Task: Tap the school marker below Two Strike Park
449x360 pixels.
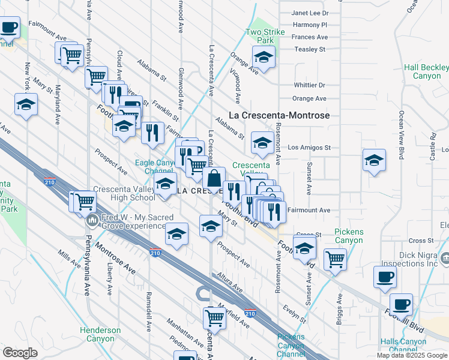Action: click(264, 58)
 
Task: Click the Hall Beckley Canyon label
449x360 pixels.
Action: click(423, 72)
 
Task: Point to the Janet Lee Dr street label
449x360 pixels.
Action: click(310, 13)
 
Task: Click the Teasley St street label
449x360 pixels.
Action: click(309, 49)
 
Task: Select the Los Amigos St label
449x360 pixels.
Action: click(309, 148)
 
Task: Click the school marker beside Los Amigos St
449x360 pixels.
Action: click(262, 143)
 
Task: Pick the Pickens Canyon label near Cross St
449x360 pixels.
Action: click(348, 236)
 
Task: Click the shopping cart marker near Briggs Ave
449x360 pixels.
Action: click(335, 259)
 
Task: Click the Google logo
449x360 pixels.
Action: click(20, 352)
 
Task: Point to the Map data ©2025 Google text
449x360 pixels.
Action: click(412, 355)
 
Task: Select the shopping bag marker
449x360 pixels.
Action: click(214, 178)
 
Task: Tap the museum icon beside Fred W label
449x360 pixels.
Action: click(92, 221)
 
